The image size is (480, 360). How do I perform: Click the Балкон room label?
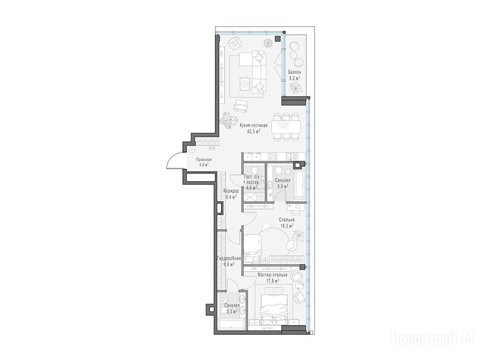click(294, 72)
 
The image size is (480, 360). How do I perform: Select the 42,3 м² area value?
click(254, 131)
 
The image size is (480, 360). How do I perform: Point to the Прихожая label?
click(203, 159)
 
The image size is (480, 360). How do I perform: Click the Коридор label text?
click(231, 191)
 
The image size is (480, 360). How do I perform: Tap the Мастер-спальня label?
click(272, 275)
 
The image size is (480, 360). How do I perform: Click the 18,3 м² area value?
click(287, 226)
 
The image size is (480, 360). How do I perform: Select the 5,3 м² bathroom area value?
click(232, 311)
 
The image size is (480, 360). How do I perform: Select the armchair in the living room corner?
click(235, 44)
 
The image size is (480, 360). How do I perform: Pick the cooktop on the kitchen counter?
click(272, 157)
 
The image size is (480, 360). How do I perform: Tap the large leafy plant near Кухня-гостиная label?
click(228, 120)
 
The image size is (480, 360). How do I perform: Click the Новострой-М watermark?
click(433, 339)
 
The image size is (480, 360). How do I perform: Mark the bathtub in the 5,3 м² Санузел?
click(231, 324)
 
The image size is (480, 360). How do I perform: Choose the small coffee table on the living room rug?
click(244, 83)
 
